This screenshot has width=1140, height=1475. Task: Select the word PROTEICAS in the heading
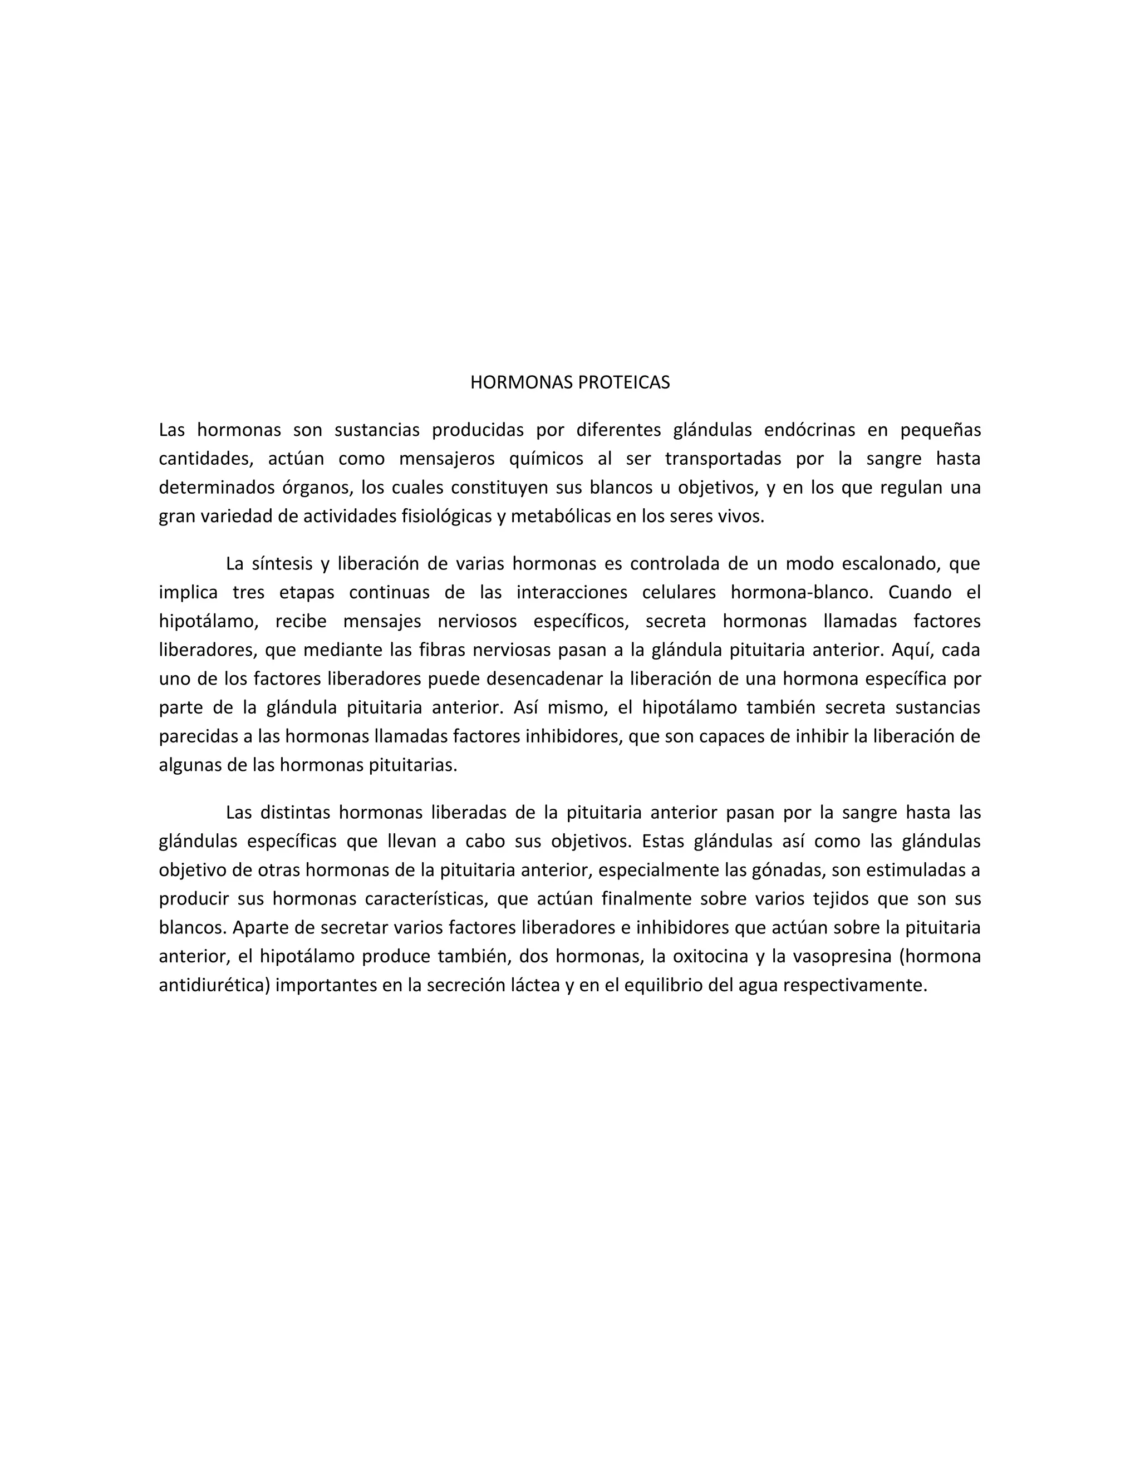click(623, 383)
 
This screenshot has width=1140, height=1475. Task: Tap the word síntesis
click(282, 564)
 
